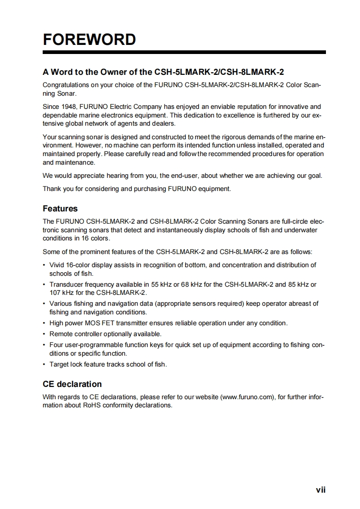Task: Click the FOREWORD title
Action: click(89, 39)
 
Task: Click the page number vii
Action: click(321, 489)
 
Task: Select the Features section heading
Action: click(60, 209)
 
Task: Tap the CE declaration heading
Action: click(72, 384)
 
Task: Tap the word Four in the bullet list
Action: click(56, 345)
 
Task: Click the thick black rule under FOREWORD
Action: click(184, 53)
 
